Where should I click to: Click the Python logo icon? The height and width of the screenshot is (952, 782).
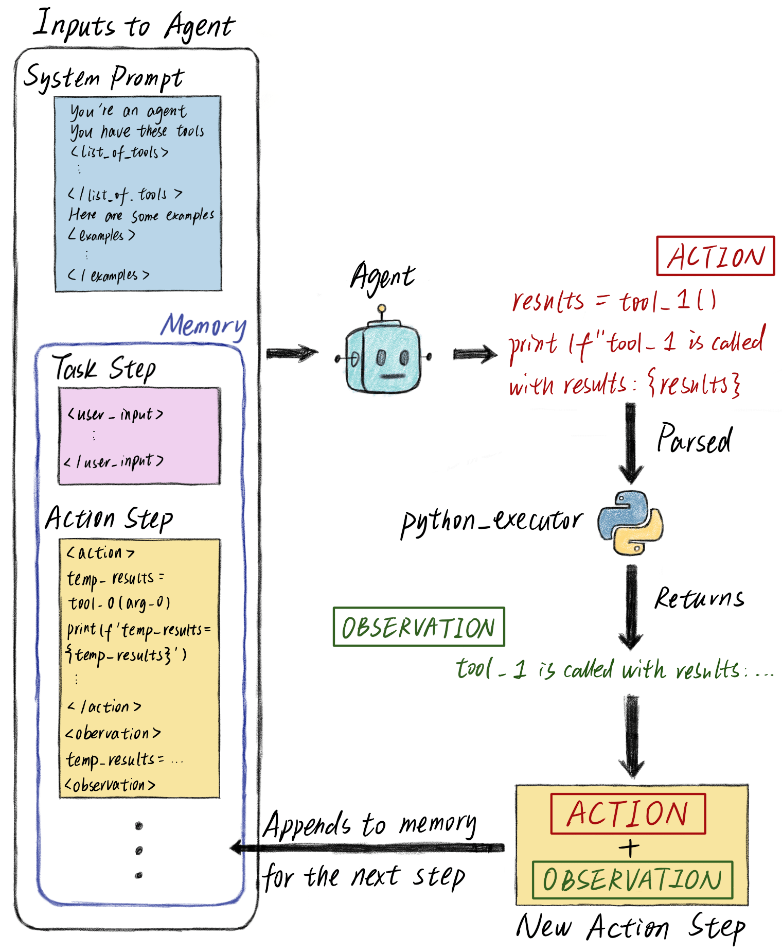tap(630, 523)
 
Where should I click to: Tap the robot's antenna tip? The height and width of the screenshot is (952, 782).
tap(381, 308)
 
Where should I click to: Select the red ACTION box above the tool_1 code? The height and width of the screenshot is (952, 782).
tap(715, 256)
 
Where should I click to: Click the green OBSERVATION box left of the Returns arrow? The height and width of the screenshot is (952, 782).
tap(419, 627)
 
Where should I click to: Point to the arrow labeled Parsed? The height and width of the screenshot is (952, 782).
tap(631, 443)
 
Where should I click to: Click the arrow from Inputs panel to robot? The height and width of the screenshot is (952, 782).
tap(292, 353)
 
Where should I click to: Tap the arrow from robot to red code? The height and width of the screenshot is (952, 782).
tap(475, 354)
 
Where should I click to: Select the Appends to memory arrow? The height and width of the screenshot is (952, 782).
tap(367, 847)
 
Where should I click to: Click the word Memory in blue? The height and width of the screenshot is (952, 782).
tap(204, 326)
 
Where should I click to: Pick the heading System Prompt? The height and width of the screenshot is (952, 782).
tap(104, 78)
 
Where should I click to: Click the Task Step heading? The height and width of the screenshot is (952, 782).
tap(104, 368)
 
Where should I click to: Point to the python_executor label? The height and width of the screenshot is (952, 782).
tap(492, 522)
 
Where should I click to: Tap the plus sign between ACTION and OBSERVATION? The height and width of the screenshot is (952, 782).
tap(629, 847)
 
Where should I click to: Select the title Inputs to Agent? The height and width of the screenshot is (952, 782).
tap(134, 25)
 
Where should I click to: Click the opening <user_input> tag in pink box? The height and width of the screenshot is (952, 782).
tap(116, 414)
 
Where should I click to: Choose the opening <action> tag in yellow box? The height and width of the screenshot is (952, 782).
tap(100, 553)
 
